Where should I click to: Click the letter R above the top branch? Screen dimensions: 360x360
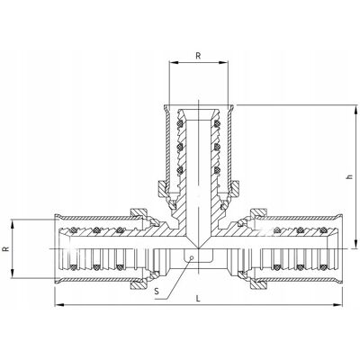click(x=198, y=56)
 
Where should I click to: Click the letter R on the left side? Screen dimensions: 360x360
click(x=5, y=248)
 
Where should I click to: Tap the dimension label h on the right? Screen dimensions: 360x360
click(x=348, y=177)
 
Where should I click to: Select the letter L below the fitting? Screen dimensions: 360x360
click(x=198, y=299)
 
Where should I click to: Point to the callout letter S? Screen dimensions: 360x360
click(x=157, y=291)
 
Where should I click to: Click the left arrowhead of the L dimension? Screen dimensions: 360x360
click(x=59, y=305)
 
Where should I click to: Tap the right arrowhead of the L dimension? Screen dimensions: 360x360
click(x=337, y=305)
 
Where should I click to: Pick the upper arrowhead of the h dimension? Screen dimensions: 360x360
click(x=355, y=110)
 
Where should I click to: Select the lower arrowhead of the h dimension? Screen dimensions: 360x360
click(x=355, y=244)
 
